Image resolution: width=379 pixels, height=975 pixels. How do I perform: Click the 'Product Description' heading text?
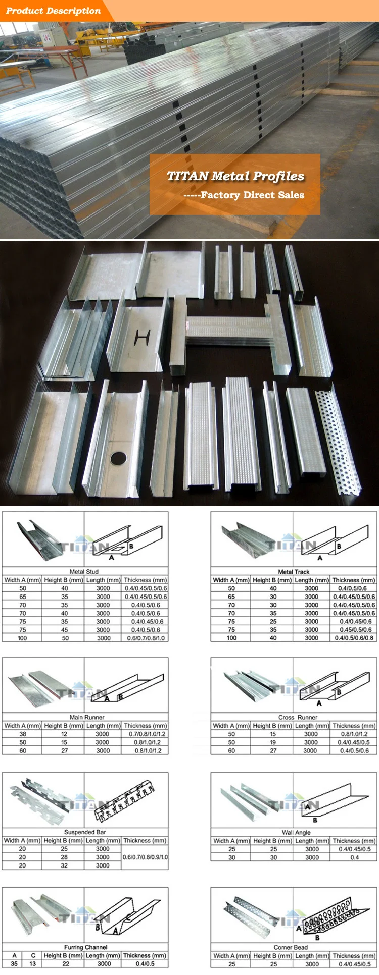tap(53, 11)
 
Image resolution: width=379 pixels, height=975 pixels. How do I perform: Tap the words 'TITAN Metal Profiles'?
tap(235, 176)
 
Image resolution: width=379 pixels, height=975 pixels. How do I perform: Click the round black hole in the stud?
tap(119, 458)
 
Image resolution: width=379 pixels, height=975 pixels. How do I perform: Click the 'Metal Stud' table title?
tap(84, 572)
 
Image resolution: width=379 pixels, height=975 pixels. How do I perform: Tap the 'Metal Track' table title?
tap(294, 572)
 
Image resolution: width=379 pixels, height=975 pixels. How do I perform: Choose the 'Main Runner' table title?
tap(87, 717)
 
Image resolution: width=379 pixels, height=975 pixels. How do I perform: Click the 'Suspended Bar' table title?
tap(85, 832)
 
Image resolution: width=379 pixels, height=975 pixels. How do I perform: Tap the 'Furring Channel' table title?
tap(85, 947)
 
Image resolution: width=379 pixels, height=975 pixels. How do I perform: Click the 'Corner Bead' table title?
tap(291, 947)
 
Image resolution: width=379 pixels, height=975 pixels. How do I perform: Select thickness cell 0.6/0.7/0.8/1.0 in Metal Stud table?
tap(146, 638)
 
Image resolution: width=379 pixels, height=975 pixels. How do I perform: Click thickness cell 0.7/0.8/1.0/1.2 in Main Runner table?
tap(146, 734)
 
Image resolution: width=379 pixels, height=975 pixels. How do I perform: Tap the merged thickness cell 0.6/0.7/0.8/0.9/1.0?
tap(146, 857)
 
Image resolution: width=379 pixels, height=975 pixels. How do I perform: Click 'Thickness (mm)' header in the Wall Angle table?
tap(354, 841)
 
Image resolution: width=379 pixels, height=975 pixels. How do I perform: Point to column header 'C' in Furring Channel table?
tap(33, 955)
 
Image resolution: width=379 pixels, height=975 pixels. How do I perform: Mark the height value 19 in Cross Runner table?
tap(273, 742)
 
